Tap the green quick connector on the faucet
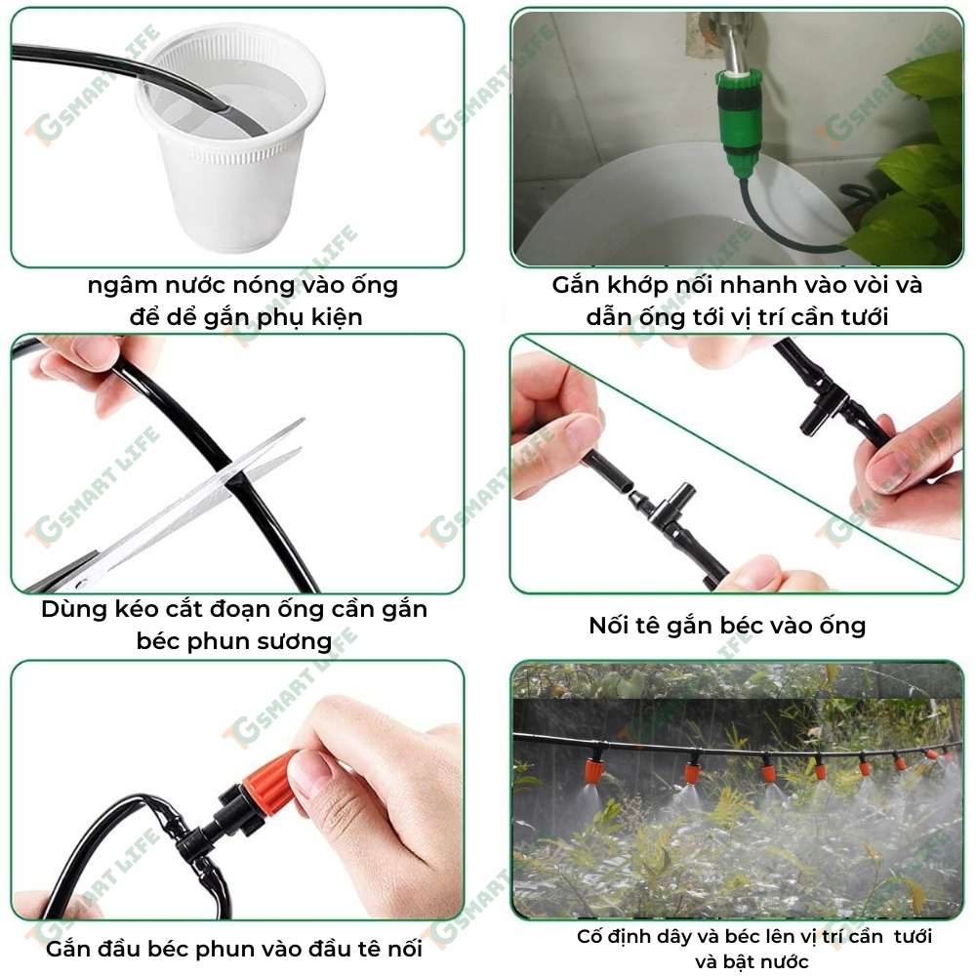pyautogui.click(x=740, y=122)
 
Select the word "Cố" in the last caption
pyautogui.click(x=589, y=937)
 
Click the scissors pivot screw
pyautogui.click(x=81, y=584)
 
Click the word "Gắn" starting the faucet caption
pyautogui.click(x=577, y=285)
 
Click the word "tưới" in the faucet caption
pyautogui.click(x=865, y=317)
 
